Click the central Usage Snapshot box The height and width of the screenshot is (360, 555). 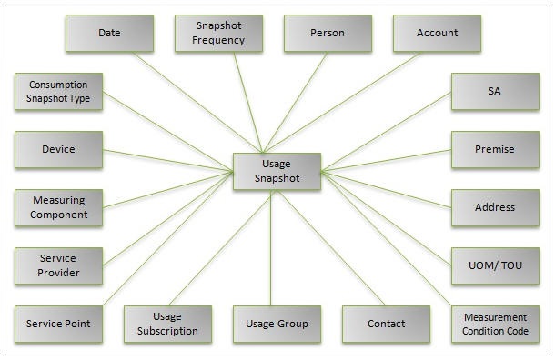[277, 171]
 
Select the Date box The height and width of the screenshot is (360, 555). [109, 33]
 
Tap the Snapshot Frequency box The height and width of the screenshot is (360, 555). [218, 33]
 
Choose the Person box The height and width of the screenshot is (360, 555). [328, 33]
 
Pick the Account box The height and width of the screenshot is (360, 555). [437, 33]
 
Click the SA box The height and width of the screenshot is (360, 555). [495, 91]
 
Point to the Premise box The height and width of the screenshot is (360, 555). [495, 149]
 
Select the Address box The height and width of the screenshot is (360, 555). [495, 207]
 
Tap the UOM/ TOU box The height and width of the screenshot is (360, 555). [495, 265]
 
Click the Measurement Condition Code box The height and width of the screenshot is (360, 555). [495, 324]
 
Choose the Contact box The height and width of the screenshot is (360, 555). [386, 324]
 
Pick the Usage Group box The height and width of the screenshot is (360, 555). [277, 324]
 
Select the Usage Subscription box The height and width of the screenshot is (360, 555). [167, 324]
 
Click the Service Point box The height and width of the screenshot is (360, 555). [58, 324]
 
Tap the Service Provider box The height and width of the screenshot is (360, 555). [58, 265]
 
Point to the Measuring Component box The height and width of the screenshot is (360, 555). [58, 207]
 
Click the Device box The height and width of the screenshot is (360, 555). [58, 149]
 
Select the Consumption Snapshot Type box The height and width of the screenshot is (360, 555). [58, 91]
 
